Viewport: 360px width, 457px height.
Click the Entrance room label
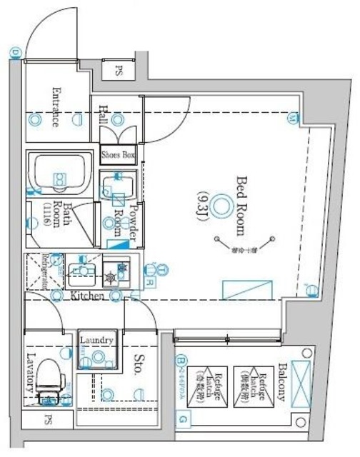point(56,106)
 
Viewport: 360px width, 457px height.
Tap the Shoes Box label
point(118,154)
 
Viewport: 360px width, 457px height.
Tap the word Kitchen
point(88,296)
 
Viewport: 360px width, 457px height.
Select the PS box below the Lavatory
point(49,419)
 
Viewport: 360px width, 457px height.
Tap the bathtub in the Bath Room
point(59,171)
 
